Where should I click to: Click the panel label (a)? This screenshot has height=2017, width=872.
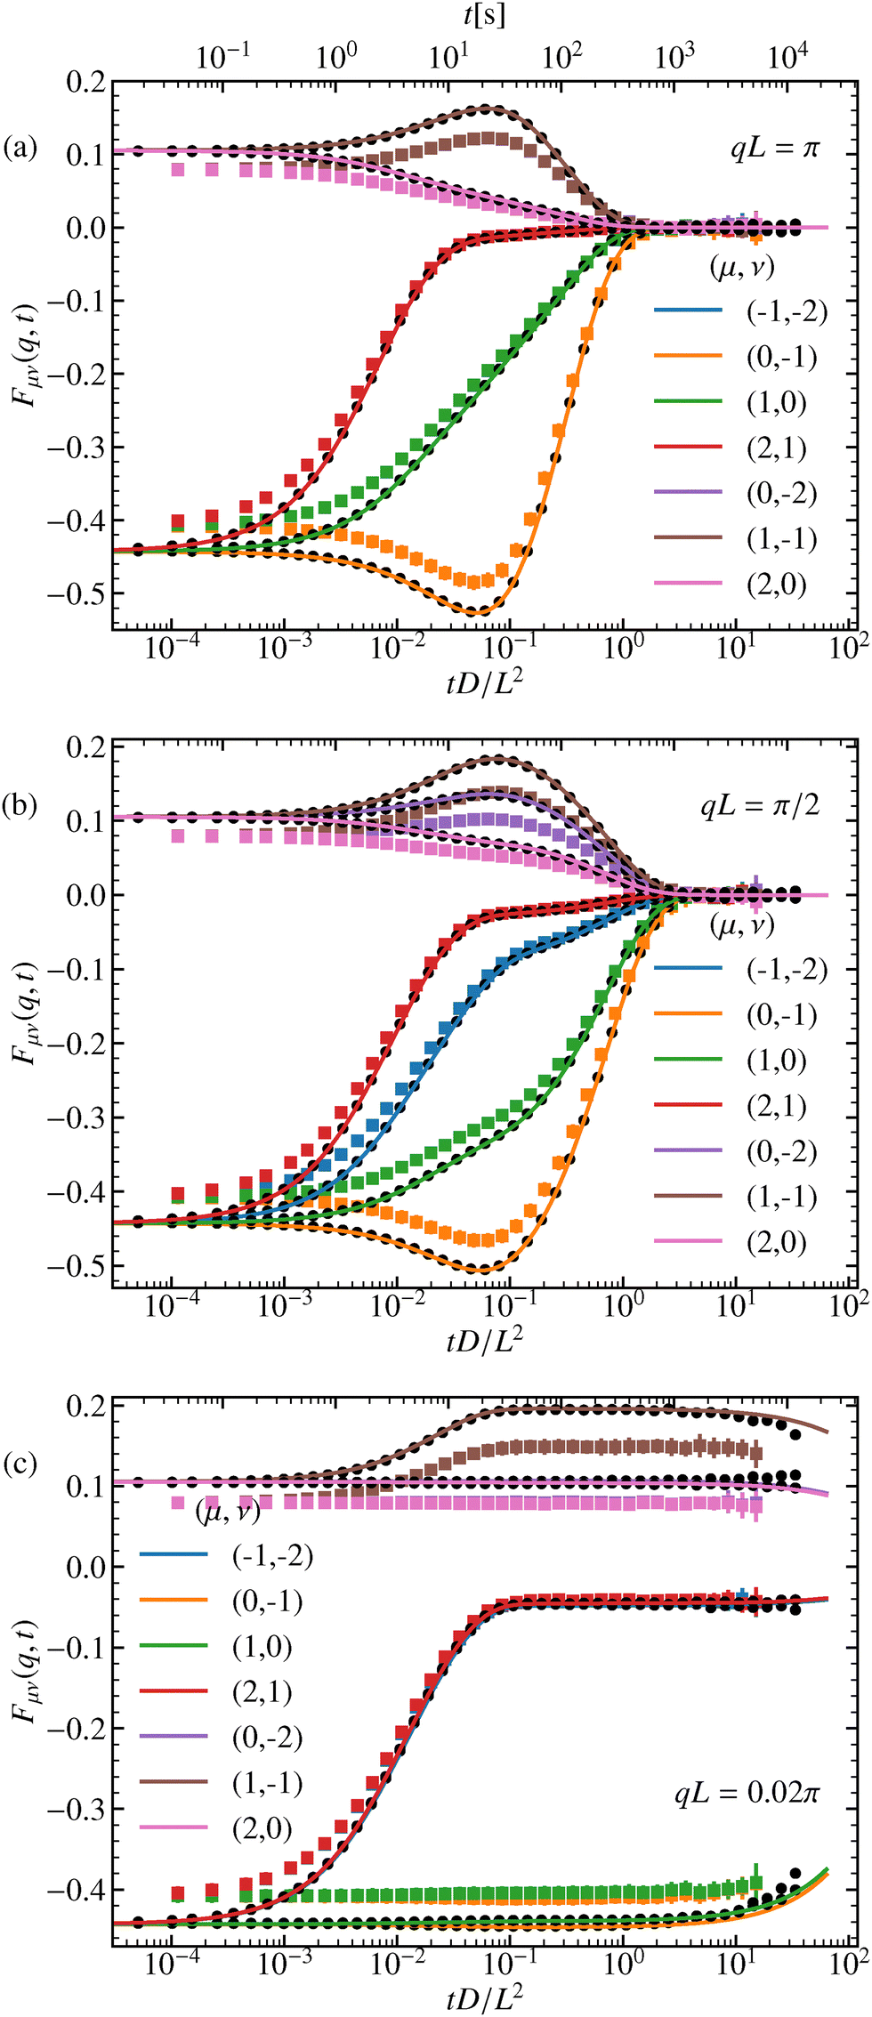(x=20, y=147)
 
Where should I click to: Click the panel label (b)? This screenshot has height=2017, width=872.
(x=20, y=805)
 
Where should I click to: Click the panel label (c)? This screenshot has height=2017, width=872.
(x=20, y=1463)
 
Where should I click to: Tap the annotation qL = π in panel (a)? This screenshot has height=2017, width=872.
(x=773, y=148)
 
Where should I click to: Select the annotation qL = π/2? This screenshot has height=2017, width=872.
(x=760, y=806)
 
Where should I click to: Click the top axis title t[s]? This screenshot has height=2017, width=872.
(x=484, y=15)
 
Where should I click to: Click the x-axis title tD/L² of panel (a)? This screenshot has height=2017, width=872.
(x=484, y=683)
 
